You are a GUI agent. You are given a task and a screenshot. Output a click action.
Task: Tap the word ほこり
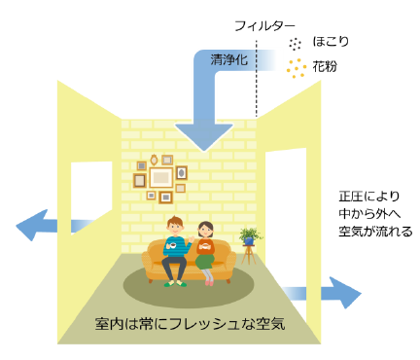pos(330,44)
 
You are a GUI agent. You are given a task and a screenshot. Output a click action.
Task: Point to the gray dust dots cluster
pos(293,43)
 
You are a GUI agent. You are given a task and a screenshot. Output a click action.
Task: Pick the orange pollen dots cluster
pos(293,69)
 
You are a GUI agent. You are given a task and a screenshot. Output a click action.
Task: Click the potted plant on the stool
pos(251,235)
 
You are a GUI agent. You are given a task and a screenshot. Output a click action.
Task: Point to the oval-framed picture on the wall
pos(181,173)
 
